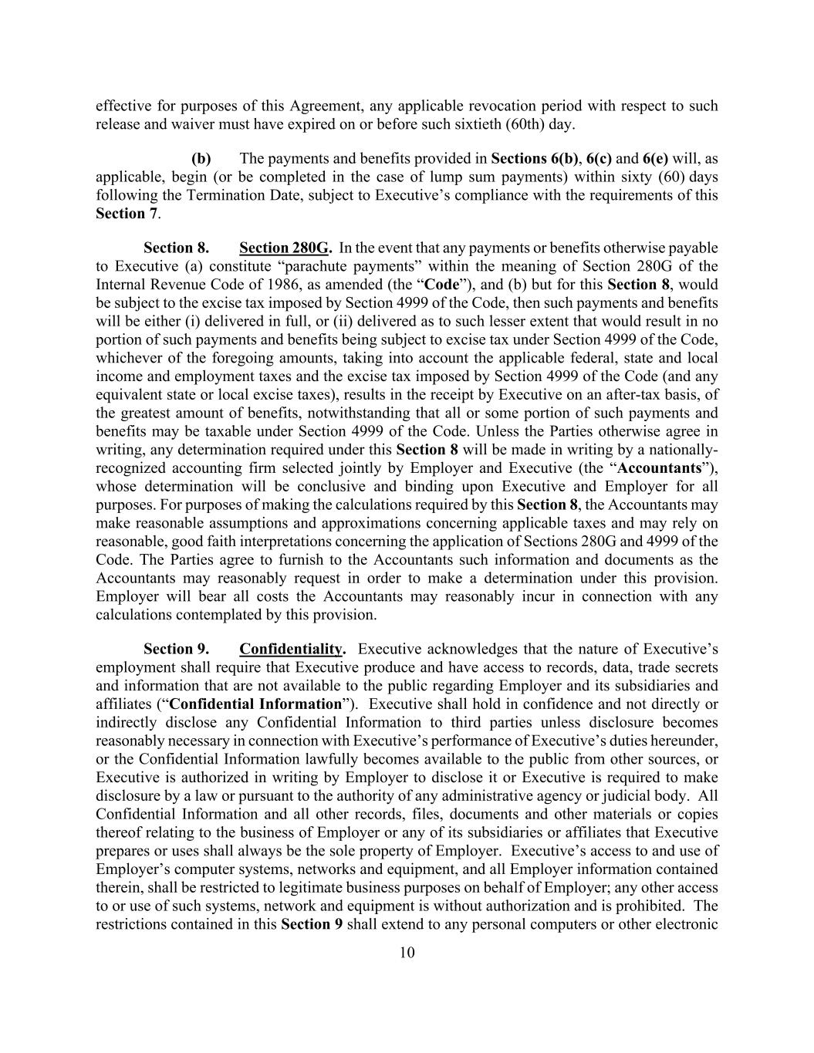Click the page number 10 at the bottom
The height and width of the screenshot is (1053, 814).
(407, 953)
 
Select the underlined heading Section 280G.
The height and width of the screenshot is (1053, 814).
(285, 248)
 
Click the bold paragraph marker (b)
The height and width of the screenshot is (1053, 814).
(201, 158)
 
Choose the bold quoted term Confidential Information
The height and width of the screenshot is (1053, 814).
(255, 704)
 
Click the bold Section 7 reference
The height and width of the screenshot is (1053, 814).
(127, 214)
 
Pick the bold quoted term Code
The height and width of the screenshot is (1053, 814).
(441, 285)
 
